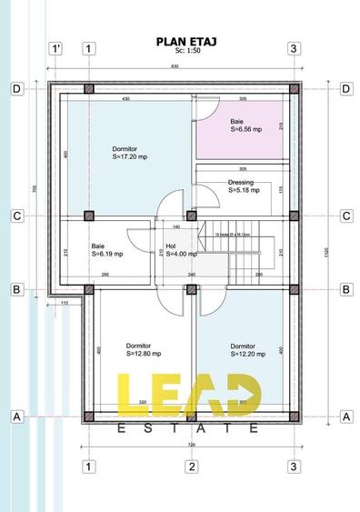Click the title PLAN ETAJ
click(x=190, y=40)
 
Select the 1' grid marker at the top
click(x=56, y=48)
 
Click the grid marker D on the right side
click(x=345, y=88)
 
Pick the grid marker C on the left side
click(x=16, y=216)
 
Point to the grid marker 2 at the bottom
click(x=192, y=467)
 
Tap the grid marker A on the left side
click(x=16, y=417)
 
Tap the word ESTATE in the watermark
click(x=190, y=427)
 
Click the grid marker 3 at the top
click(x=294, y=48)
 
